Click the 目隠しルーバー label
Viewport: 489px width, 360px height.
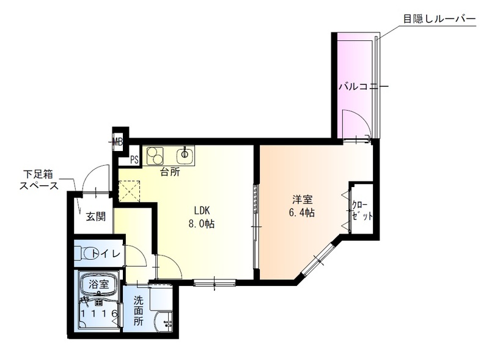[x=438, y=19]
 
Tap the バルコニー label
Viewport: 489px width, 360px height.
[x=364, y=86]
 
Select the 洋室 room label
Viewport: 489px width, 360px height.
[x=303, y=200]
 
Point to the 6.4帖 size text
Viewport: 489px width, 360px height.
[x=303, y=213]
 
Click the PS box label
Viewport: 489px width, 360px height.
[x=134, y=160]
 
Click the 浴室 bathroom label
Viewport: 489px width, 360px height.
[x=98, y=284]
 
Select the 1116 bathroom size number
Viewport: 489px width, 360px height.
[x=100, y=313]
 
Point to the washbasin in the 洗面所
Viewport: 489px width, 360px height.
[x=164, y=322]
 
